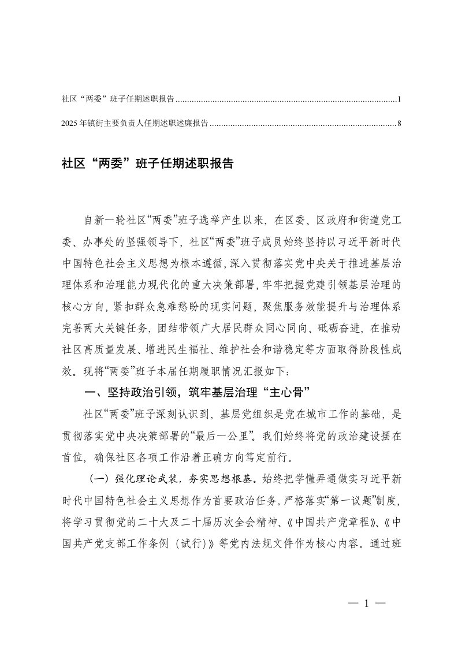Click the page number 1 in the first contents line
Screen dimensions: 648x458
tap(399, 99)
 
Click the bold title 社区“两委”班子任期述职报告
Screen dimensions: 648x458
tap(147, 163)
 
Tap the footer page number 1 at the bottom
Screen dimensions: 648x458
tap(366, 604)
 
